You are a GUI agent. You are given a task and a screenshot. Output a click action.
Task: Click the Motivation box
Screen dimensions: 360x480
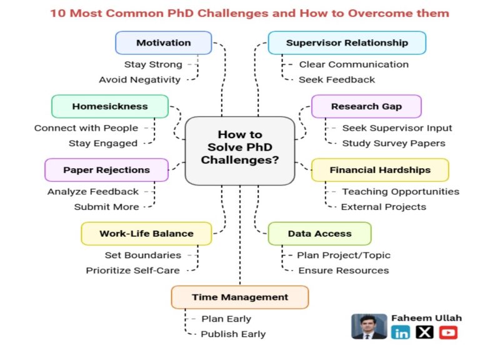pyautogui.click(x=163, y=43)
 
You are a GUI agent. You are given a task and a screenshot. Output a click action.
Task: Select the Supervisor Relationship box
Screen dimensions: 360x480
pyautogui.click(x=347, y=43)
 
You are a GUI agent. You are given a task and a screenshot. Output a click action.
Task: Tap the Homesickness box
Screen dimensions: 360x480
pyautogui.click(x=109, y=106)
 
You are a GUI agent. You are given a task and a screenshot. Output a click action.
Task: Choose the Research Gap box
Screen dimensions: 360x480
pyautogui.click(x=366, y=106)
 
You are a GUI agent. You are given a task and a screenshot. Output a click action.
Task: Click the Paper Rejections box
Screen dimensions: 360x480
pyautogui.click(x=106, y=170)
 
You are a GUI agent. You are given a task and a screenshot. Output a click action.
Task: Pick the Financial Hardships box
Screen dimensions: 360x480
pyautogui.click(x=380, y=170)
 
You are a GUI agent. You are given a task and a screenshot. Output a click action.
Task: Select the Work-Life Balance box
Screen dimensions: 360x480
pyautogui.click(x=146, y=234)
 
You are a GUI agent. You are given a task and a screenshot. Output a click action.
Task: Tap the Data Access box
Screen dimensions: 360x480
pyautogui.click(x=319, y=234)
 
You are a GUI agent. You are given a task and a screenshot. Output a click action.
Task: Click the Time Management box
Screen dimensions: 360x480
pyautogui.click(x=240, y=297)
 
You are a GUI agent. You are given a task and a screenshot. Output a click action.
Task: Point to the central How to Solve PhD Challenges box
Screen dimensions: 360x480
pyautogui.click(x=240, y=147)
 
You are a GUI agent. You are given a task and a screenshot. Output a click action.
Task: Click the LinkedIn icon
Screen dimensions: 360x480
pyautogui.click(x=401, y=332)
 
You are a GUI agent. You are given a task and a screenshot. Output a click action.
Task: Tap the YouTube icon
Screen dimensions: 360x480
pyautogui.click(x=448, y=332)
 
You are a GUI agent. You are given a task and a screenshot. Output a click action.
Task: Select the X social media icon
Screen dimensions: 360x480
pyautogui.click(x=424, y=332)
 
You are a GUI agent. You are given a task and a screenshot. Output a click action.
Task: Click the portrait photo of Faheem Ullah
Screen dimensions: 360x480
pyautogui.click(x=369, y=326)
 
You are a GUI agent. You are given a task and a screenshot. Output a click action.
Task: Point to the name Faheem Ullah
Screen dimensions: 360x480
pyautogui.click(x=426, y=318)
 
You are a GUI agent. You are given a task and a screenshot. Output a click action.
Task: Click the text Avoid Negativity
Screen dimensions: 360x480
pyautogui.click(x=139, y=80)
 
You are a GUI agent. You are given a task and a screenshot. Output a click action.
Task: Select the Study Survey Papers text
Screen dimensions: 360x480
pyautogui.click(x=394, y=143)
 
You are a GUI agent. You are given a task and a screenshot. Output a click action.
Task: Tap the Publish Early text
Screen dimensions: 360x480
pyautogui.click(x=232, y=334)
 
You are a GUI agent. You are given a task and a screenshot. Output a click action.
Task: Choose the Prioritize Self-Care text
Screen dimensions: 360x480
pyautogui.click(x=132, y=271)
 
